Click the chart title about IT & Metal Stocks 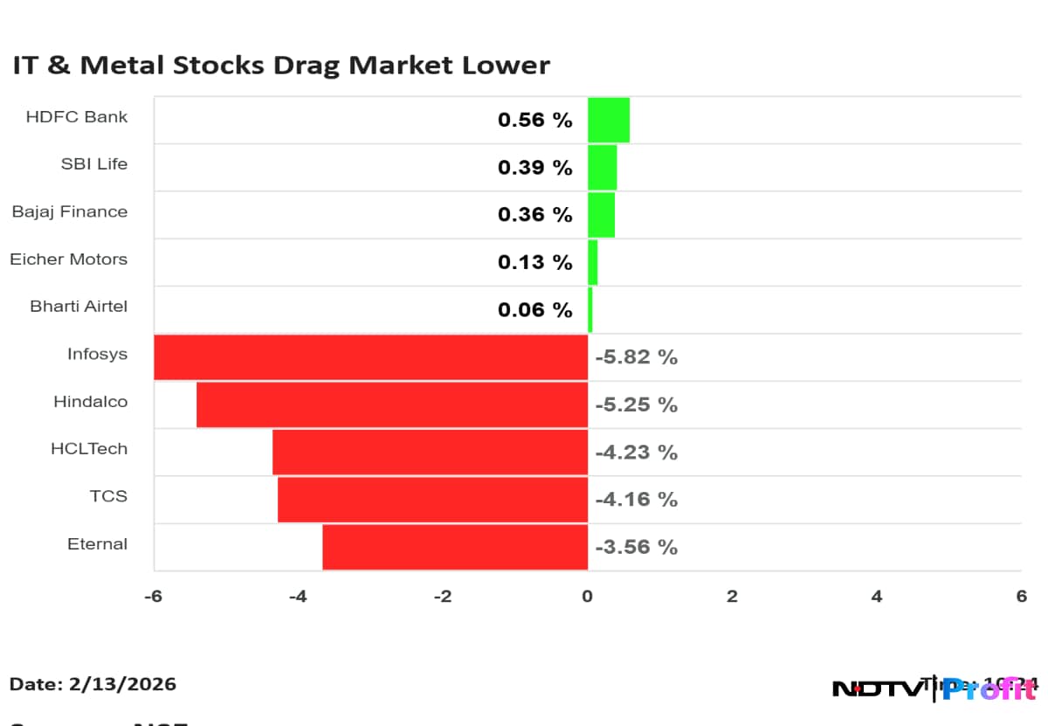coord(281,66)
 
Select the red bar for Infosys coord(371,356)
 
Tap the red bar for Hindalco coord(392,404)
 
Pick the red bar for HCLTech coord(430,452)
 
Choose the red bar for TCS coord(432,499)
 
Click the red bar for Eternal coord(455,547)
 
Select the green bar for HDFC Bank coord(609,120)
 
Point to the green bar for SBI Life coord(603,167)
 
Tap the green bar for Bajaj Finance coord(602,215)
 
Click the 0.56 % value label coord(535,120)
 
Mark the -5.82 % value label coord(637,357)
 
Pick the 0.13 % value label coord(535,262)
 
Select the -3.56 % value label coord(637,547)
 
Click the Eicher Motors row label coord(69,259)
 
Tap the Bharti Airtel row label coord(79,307)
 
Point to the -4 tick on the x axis coord(298,597)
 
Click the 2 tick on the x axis coord(732,597)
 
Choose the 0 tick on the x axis coord(588,597)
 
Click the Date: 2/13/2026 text coord(93,684)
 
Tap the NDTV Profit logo coord(934,689)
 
